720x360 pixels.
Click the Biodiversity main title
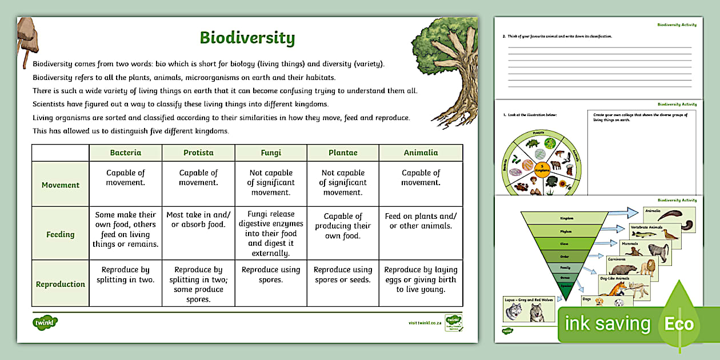(247, 38)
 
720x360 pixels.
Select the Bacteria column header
(126, 153)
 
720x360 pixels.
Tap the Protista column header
(198, 153)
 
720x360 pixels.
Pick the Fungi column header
(271, 153)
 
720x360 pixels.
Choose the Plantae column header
(343, 153)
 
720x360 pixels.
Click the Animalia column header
(421, 153)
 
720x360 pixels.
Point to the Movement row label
(61, 185)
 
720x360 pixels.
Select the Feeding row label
(61, 234)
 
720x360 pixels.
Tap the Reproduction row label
(61, 284)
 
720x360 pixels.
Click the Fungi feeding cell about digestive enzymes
(271, 234)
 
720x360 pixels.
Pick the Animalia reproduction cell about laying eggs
(421, 279)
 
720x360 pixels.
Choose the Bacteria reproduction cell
(126, 274)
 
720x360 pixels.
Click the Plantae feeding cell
(343, 226)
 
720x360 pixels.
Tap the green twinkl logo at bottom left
(46, 322)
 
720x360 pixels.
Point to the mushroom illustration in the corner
(27, 37)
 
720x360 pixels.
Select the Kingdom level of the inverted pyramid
(566, 218)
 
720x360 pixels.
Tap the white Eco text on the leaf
(679, 325)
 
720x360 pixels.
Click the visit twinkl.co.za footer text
(425, 323)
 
